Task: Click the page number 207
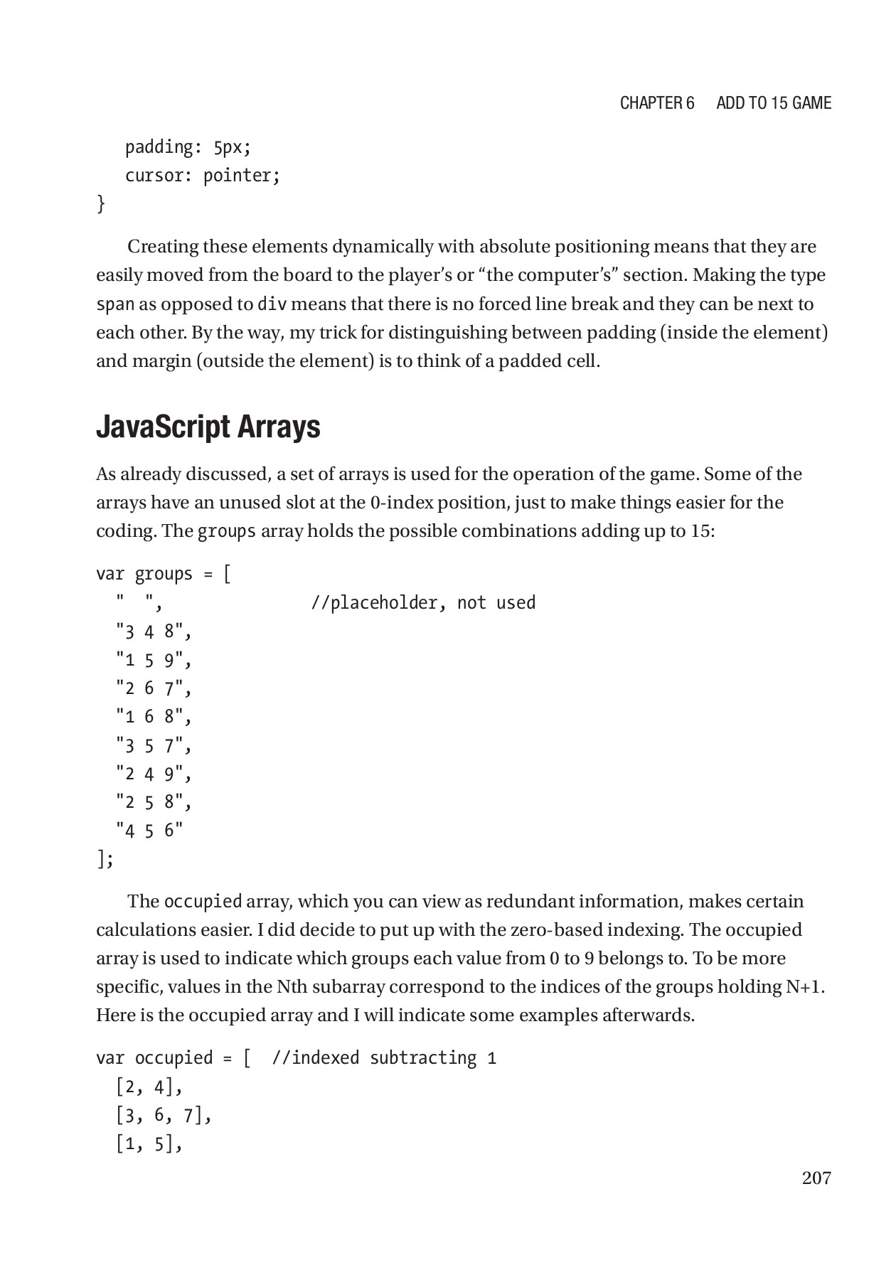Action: coord(816,1178)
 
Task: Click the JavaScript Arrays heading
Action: coord(208,427)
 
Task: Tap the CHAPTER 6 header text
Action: coord(657,103)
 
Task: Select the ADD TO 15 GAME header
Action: coord(774,103)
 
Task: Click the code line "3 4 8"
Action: coord(154,631)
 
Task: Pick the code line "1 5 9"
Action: coord(154,660)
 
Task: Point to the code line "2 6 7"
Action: coord(154,688)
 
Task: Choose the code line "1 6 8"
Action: coord(154,717)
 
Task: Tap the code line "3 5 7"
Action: coord(154,745)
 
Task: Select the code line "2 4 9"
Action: coord(154,774)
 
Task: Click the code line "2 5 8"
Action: coord(154,802)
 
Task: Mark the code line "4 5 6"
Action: coord(149,831)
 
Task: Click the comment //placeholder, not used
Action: coord(423,603)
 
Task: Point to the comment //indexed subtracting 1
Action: coord(384,1058)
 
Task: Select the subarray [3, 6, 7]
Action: coord(164,1116)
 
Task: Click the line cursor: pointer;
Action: coord(203,176)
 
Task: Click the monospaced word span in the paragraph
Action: coord(115,304)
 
